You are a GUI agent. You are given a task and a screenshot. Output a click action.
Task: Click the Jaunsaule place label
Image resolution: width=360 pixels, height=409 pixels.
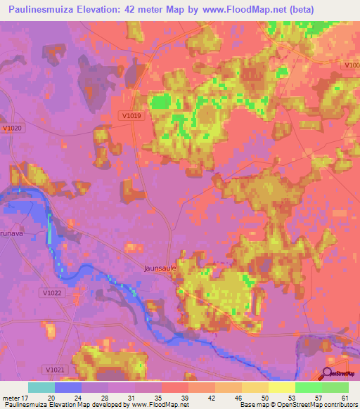click(x=160, y=268)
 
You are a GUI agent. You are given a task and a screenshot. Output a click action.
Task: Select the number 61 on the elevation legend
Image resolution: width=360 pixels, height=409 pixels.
click(x=345, y=397)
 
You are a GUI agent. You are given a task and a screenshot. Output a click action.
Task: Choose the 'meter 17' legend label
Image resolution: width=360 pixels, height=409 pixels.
click(x=15, y=397)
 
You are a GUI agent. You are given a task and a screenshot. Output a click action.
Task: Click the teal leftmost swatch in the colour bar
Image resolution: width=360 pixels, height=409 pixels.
click(x=41, y=387)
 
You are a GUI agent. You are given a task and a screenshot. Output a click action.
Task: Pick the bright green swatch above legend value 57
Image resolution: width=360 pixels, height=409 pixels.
click(x=309, y=387)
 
